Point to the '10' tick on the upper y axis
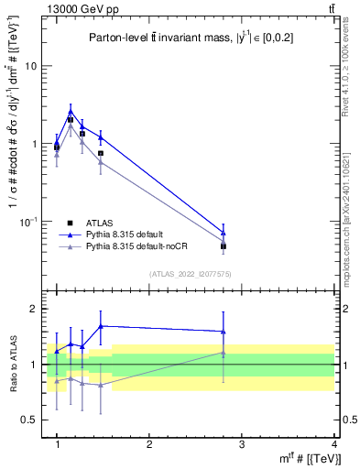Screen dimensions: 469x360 click(x=31, y=66)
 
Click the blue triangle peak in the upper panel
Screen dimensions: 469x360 click(x=71, y=112)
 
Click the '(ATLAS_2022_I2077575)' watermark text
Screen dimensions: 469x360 click(x=191, y=273)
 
